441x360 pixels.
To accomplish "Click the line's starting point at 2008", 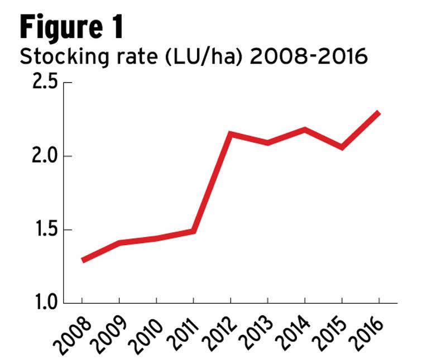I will (x=83, y=261).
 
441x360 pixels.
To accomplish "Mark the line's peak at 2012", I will (x=231, y=134).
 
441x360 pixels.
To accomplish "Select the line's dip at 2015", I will (x=342, y=147).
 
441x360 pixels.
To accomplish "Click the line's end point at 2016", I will (x=378, y=112).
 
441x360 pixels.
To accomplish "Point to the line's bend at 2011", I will (x=193, y=231).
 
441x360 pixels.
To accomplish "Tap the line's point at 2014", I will (x=305, y=129).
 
